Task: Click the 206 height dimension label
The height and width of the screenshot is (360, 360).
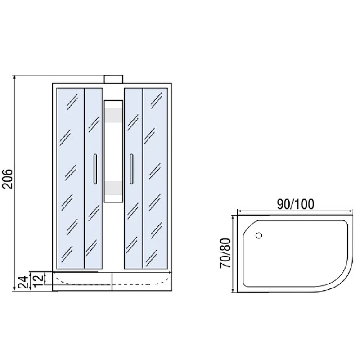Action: tap(7, 179)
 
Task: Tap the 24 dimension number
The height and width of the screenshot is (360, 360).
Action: tap(23, 283)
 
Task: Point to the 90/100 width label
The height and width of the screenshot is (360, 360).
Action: tap(296, 204)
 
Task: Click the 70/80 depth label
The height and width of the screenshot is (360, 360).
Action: tap(225, 253)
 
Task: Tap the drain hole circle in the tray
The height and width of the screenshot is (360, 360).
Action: tap(259, 235)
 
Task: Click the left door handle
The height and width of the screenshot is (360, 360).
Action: tap(95, 169)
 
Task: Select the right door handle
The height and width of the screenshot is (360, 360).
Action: tap(131, 169)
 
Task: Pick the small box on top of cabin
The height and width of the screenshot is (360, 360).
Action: tap(113, 79)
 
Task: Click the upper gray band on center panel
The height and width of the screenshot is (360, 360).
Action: tap(113, 115)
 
